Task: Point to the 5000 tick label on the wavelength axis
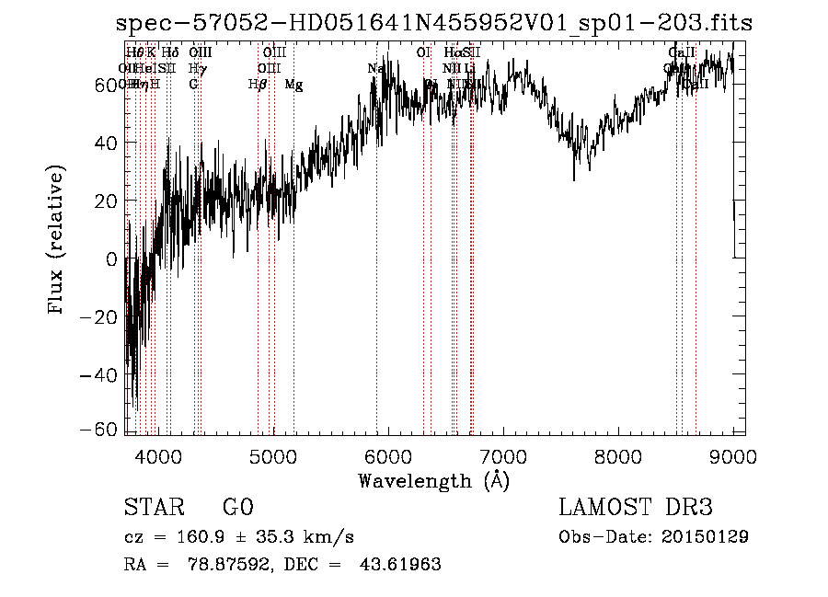272,455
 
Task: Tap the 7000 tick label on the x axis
503,455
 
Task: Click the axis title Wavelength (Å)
433,480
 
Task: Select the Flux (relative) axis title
58,242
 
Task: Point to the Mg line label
293,85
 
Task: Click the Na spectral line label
375,69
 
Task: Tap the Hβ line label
258,85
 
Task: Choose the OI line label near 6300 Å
423,52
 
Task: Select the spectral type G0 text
237,508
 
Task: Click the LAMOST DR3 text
636,508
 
